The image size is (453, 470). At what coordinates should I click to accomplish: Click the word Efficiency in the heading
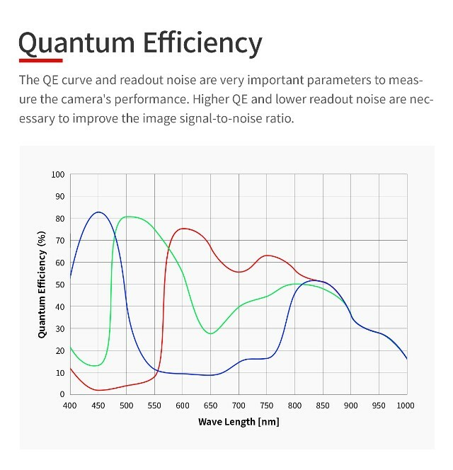(x=202, y=44)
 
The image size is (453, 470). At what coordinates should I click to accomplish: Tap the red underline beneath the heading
(x=40, y=60)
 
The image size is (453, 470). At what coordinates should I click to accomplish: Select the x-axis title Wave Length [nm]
(x=238, y=422)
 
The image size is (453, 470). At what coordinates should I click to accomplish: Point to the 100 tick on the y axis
(x=58, y=174)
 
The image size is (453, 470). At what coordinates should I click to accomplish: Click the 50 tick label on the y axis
(x=60, y=285)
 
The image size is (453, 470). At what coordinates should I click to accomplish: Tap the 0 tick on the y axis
(x=62, y=394)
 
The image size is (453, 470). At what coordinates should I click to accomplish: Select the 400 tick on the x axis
(x=70, y=405)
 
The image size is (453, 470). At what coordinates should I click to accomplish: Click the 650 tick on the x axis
(x=210, y=405)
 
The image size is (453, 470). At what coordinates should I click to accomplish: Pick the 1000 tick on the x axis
(x=406, y=405)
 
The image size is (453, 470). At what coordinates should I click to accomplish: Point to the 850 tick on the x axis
(x=322, y=405)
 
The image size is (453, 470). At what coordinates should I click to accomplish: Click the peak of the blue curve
(x=98, y=212)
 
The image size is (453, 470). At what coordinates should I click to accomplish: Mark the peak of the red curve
(x=184, y=228)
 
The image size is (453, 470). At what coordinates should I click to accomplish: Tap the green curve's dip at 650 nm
(x=211, y=333)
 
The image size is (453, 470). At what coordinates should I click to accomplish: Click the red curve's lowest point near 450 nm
(x=99, y=390)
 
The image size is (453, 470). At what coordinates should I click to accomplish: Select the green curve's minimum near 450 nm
(x=97, y=366)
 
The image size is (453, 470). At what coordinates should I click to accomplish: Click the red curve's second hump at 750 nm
(x=266, y=256)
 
